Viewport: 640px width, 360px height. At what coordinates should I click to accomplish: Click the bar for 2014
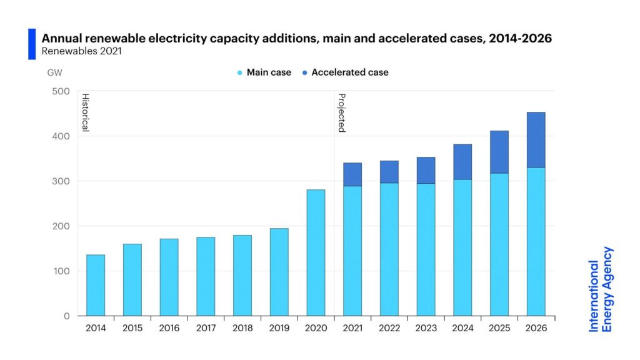coord(96,285)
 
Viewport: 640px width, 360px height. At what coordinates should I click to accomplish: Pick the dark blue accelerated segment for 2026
coord(536,140)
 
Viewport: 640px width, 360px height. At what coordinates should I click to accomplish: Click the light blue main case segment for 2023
coord(426,249)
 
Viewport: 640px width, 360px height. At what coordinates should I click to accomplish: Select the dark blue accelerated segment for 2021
coord(352,174)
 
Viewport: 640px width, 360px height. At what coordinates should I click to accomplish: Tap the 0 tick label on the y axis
coord(66,316)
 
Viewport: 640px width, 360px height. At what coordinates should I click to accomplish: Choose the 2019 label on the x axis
coord(279,329)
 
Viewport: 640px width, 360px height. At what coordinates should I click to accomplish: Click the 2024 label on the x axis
coord(462,329)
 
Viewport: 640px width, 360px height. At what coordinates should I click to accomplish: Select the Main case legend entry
coord(264,72)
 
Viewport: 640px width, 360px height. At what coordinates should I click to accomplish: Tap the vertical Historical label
coord(86,112)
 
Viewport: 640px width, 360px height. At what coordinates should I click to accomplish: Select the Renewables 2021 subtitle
coord(79,51)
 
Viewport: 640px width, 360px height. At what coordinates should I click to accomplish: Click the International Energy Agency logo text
coord(601,289)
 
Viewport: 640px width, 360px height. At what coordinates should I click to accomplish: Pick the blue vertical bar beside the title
coord(32,44)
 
